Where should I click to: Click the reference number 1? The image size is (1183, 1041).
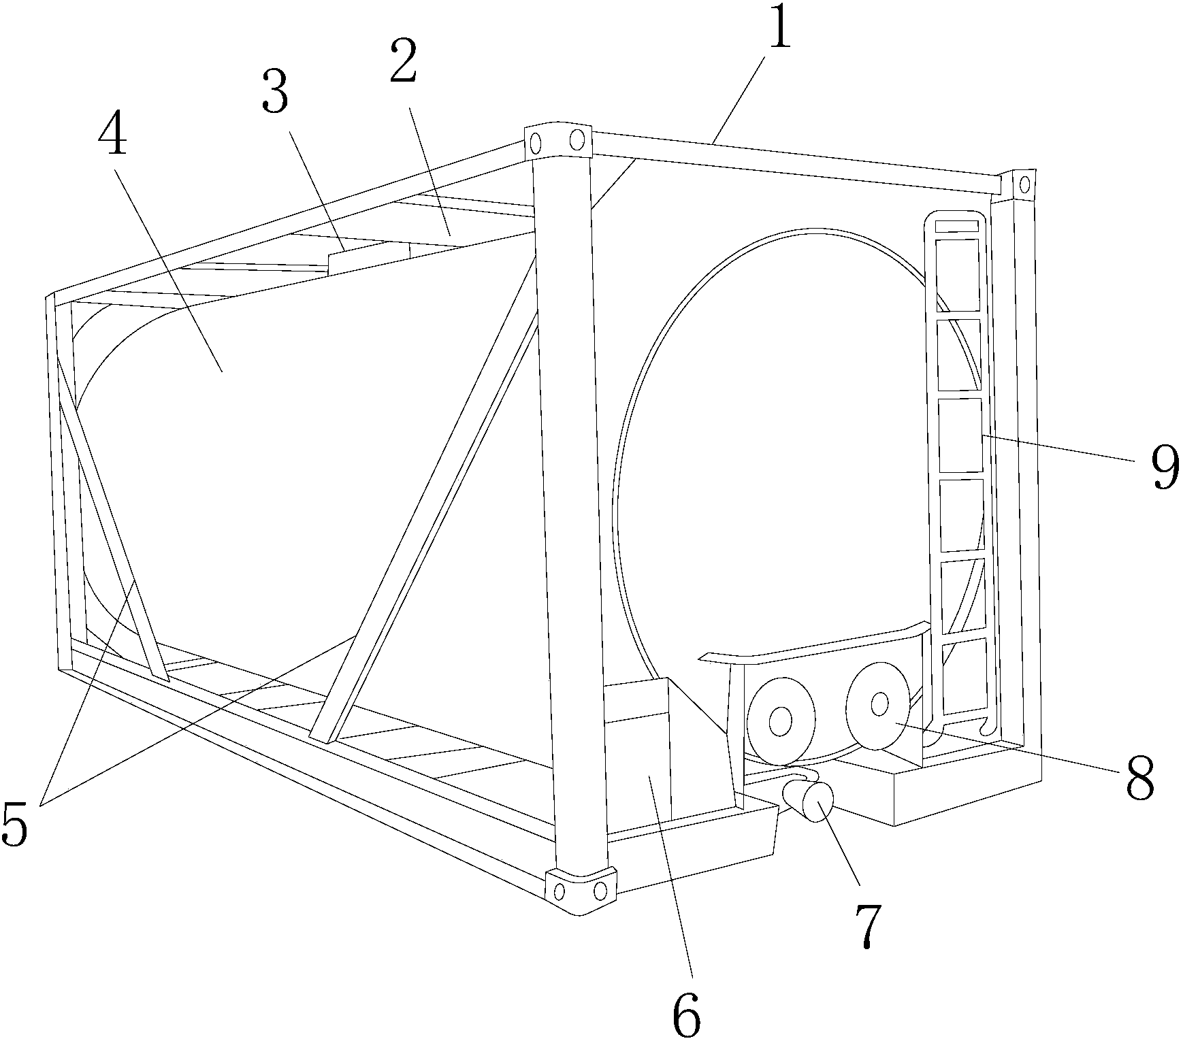(x=780, y=26)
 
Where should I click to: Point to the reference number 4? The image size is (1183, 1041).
(x=112, y=129)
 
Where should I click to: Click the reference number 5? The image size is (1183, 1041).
(x=15, y=823)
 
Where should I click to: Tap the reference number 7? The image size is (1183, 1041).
(x=866, y=926)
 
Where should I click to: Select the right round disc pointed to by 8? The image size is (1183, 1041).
(x=879, y=705)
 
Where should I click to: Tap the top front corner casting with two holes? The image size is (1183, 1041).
(x=558, y=142)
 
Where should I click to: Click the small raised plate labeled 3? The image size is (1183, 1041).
(x=369, y=258)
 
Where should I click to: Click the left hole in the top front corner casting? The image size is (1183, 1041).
(x=536, y=143)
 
